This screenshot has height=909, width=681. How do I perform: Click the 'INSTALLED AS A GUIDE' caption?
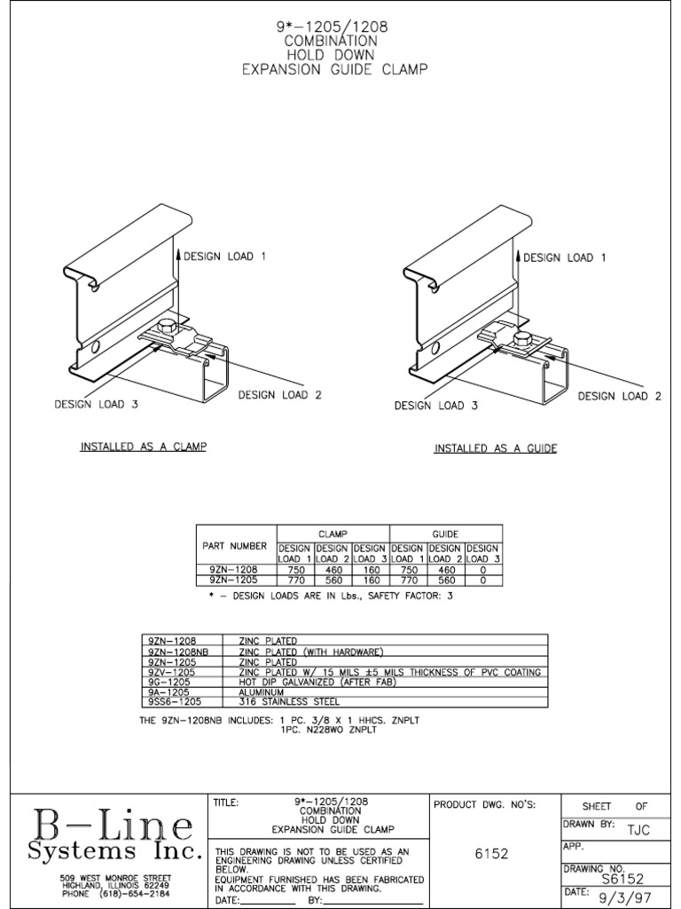(x=495, y=449)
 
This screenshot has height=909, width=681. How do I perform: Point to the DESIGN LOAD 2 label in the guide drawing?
(x=620, y=396)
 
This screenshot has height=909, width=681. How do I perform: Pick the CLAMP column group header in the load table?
(x=333, y=534)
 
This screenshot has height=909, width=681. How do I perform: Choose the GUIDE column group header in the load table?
(x=445, y=534)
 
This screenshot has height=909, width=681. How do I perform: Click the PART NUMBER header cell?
(x=235, y=545)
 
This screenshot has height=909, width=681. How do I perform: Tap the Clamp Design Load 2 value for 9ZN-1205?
(x=333, y=579)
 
